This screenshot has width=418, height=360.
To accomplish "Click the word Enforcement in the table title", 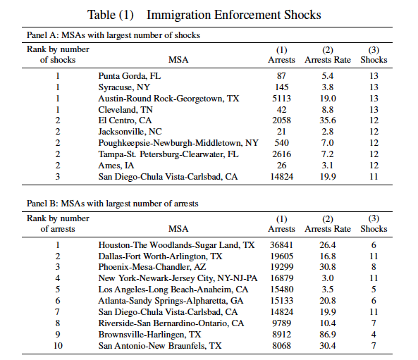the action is [247, 15].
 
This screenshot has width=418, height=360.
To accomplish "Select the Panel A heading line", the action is [113, 35].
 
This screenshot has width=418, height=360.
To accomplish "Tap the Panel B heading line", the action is [113, 204].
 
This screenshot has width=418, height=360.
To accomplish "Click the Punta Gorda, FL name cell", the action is [130, 76].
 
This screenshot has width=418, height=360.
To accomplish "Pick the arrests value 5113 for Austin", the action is [281, 99].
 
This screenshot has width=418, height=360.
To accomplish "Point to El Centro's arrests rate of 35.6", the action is [328, 120].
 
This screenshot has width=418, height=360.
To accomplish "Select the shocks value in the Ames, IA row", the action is [374, 166].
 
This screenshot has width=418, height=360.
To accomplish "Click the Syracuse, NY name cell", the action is [124, 87].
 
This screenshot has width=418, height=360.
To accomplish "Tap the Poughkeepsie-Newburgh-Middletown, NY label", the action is [178, 143].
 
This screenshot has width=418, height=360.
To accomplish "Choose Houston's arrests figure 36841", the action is [281, 245].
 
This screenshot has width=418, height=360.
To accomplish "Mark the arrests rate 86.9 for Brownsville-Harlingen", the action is [328, 335].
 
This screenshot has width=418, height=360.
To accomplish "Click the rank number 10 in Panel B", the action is [58, 346].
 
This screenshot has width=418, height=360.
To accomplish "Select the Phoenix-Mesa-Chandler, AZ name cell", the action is [152, 267].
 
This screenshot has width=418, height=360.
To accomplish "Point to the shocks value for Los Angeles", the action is [374, 290].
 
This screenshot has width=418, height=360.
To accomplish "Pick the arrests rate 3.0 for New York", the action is [328, 278].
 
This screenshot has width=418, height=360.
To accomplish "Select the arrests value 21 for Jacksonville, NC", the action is [281, 132].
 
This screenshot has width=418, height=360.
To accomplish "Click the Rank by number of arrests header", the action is [58, 223].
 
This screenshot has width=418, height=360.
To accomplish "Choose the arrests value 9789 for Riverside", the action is [281, 323].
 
